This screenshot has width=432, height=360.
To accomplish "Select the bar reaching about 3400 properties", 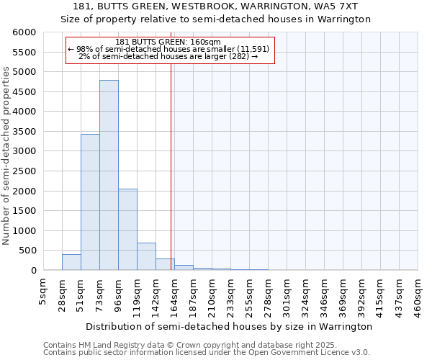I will pos(90,202).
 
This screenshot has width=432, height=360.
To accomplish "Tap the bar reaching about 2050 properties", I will pos(127,230).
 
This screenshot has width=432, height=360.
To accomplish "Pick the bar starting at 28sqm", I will pos(71,262).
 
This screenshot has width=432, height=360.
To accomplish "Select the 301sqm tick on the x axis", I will pos(287,293).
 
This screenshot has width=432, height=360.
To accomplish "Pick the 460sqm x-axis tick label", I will pos(418,293).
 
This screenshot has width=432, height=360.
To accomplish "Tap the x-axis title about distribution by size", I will pos(228,326).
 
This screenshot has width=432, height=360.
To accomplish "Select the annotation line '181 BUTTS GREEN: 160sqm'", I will pos(171,42).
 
